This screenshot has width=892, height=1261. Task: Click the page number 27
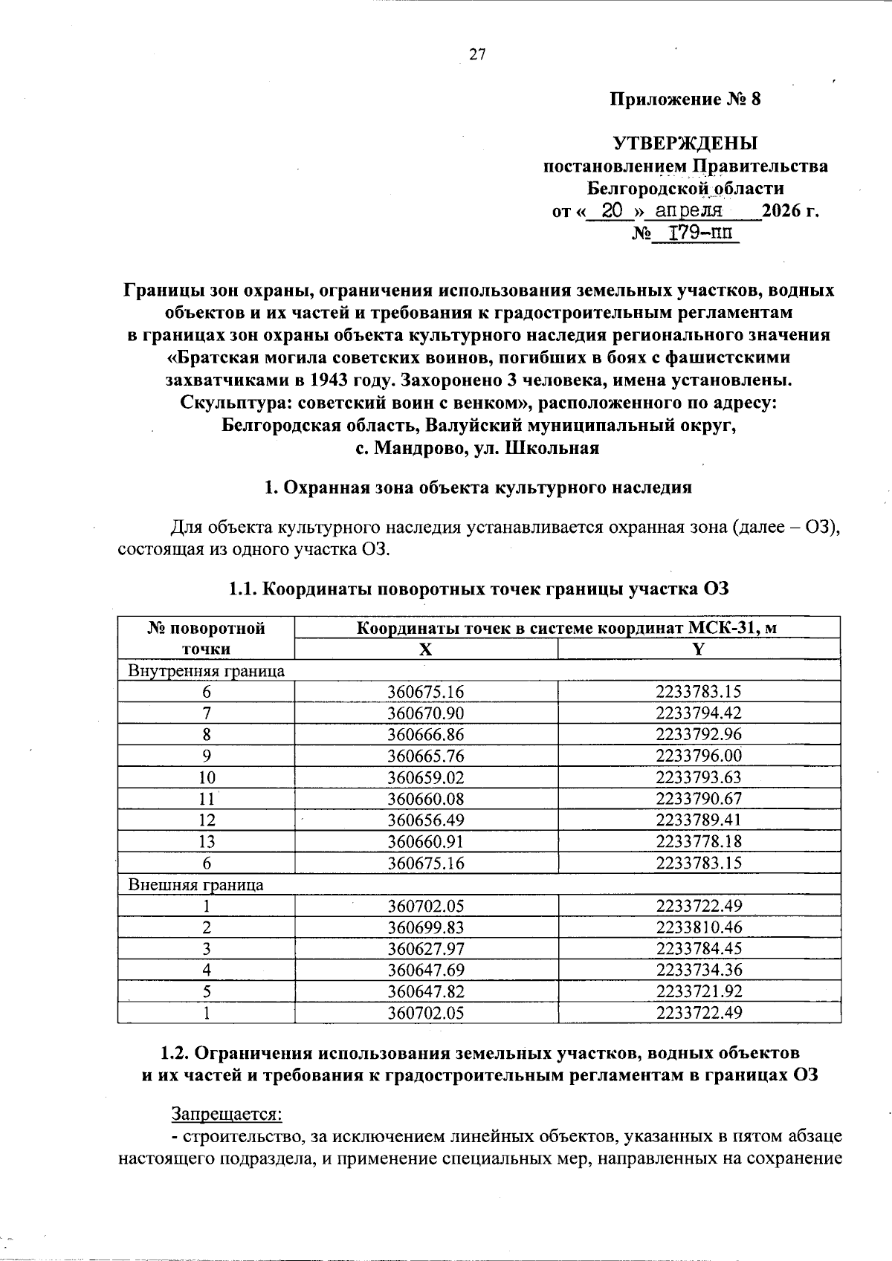[476, 54]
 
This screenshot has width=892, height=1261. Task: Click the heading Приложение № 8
[685, 100]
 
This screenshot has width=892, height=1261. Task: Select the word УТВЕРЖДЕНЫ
[685, 143]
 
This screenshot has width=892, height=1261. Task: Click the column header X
[425, 649]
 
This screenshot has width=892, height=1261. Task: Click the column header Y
[698, 649]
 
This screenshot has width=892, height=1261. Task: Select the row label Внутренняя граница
[207, 670]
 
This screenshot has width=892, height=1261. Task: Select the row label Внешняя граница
[196, 884]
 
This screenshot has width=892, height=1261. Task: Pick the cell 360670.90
[425, 713]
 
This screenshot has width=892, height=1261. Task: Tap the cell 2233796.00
[698, 756]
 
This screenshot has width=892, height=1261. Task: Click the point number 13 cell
[207, 841]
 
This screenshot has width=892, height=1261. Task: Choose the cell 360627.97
[425, 949]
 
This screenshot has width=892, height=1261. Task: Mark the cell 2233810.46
[698, 927]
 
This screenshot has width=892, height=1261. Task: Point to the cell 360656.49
[425, 820]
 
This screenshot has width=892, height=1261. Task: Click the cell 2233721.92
[698, 991]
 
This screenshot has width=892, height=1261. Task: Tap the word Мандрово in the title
[421, 448]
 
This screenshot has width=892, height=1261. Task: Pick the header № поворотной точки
[207, 638]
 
